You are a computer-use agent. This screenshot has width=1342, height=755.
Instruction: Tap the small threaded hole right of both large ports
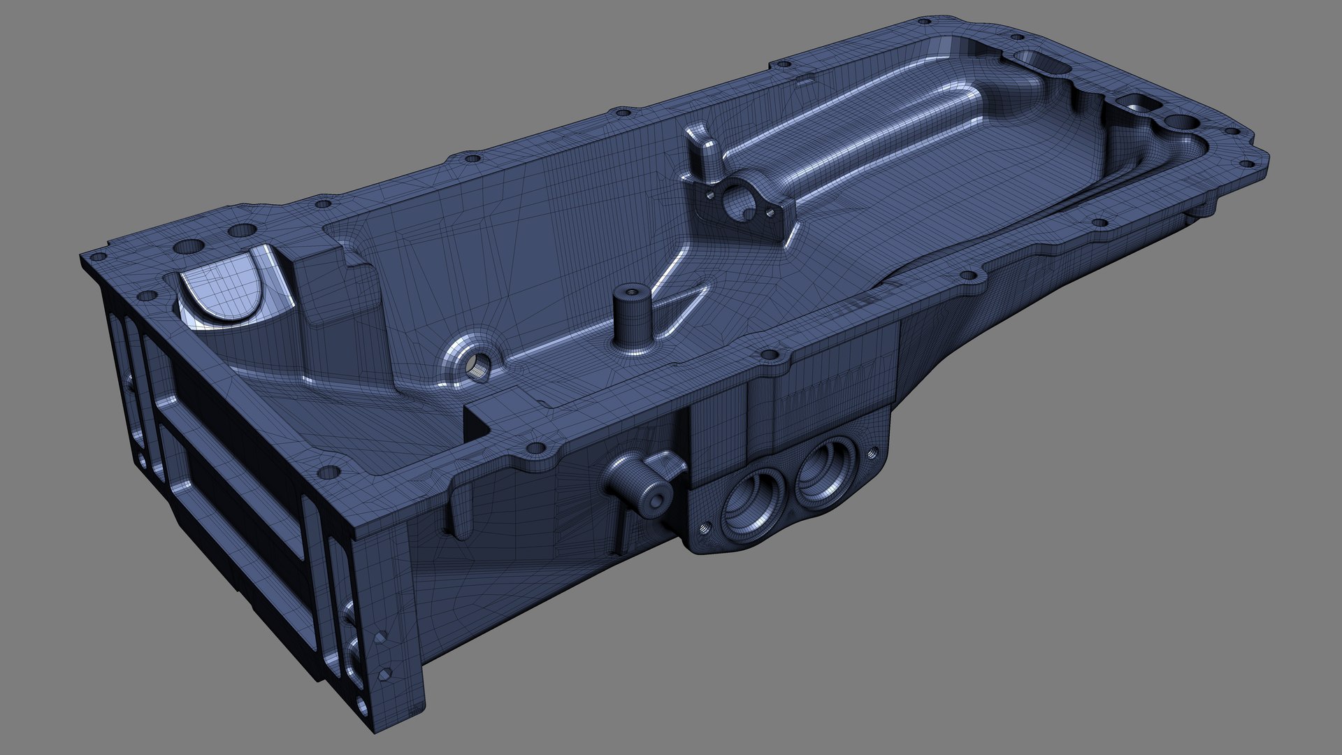872,452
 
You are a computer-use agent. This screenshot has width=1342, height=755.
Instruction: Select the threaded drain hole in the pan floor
479,365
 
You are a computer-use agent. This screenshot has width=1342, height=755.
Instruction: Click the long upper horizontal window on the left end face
231,391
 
